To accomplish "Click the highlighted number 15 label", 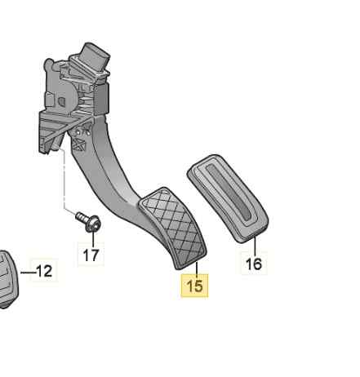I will pos(194,286).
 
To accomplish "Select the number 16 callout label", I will pos(254,264).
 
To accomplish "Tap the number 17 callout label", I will pos(91,255).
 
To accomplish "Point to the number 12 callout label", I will pos(44,271).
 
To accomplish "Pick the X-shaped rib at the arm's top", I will pos(81,147).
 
